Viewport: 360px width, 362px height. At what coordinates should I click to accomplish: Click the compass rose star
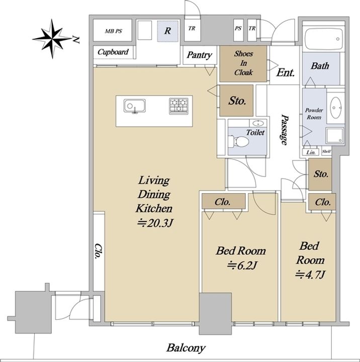pyautogui.click(x=52, y=39)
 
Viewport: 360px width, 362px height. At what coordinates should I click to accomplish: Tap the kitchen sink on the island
pyautogui.click(x=135, y=106)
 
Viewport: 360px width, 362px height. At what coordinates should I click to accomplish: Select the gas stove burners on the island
pyautogui.click(x=178, y=106)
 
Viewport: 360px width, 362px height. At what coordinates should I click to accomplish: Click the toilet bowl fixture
pyautogui.click(x=238, y=141)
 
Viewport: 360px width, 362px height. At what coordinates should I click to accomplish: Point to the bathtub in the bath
pyautogui.click(x=323, y=39)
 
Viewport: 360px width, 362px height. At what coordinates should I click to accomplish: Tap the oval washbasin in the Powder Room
pyautogui.click(x=335, y=108)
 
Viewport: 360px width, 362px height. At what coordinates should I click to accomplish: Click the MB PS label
pyautogui.click(x=114, y=31)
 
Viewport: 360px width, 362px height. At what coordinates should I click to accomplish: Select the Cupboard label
pyautogui.click(x=113, y=52)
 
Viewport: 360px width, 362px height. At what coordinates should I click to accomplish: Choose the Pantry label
pyautogui.click(x=199, y=55)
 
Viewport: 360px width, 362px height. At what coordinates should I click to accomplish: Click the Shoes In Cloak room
pyautogui.click(x=243, y=64)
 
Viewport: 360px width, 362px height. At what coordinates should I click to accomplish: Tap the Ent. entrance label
pyautogui.click(x=286, y=72)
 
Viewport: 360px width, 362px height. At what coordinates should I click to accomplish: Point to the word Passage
pyautogui.click(x=284, y=130)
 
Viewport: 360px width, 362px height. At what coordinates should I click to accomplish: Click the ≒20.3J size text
pyautogui.click(x=155, y=223)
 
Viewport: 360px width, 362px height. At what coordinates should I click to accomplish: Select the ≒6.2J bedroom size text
pyautogui.click(x=242, y=265)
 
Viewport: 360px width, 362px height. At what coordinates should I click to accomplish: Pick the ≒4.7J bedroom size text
pyautogui.click(x=311, y=275)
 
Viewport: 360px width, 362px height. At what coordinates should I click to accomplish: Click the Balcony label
pyautogui.click(x=186, y=348)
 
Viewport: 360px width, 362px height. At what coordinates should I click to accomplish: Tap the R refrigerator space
pyautogui.click(x=168, y=31)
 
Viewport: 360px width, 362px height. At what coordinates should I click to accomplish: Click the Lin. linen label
pyautogui.click(x=311, y=152)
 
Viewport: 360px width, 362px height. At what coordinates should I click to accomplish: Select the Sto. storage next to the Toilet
pyautogui.click(x=236, y=101)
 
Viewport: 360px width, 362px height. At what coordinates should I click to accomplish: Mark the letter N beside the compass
pyautogui.click(x=76, y=40)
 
